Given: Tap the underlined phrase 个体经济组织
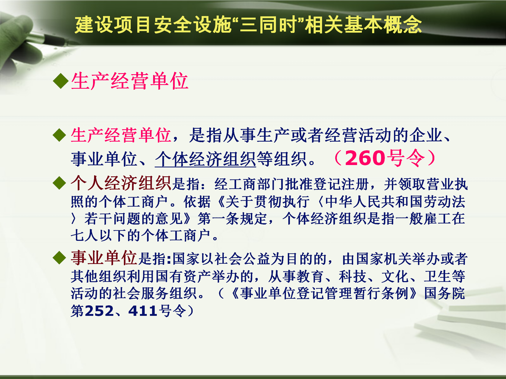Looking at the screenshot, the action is tap(205, 159).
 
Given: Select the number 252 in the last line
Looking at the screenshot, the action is tap(100, 311).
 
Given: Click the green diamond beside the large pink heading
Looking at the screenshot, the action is tap(61, 81).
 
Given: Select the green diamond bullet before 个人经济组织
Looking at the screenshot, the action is tap(59, 183).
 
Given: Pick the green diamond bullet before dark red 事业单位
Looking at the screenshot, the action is tap(59, 258).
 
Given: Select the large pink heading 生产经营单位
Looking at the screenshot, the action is tap(130, 81).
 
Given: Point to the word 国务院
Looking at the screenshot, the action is tap(445, 293).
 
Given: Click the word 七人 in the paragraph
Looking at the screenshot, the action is tap(85, 236).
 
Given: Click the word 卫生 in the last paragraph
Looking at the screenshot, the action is tap(437, 276).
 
